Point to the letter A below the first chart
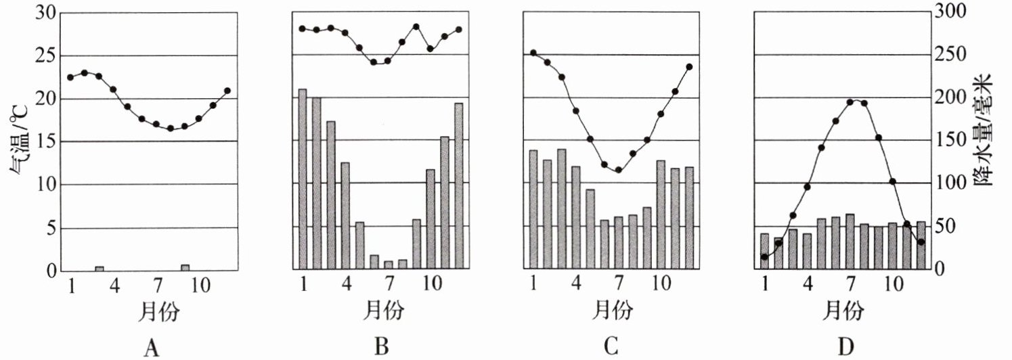coord(152,348)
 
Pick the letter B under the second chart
coord(381,348)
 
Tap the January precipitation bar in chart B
coord(303,179)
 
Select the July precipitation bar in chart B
coord(388,265)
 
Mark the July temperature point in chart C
coord(618,170)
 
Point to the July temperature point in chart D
coord(850,102)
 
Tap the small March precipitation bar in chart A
coord(99,269)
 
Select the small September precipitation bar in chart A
coord(185,267)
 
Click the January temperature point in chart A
coord(70,77)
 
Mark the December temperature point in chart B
coord(459,30)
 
